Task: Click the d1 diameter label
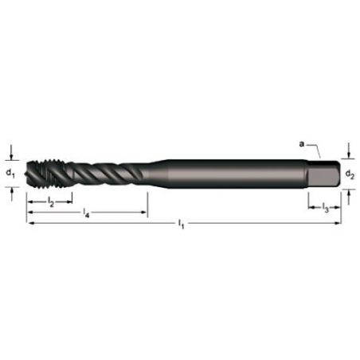pos(10,172)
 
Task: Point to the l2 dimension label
pos(50,204)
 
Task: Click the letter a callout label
pos(301,144)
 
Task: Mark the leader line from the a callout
pos(315,149)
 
